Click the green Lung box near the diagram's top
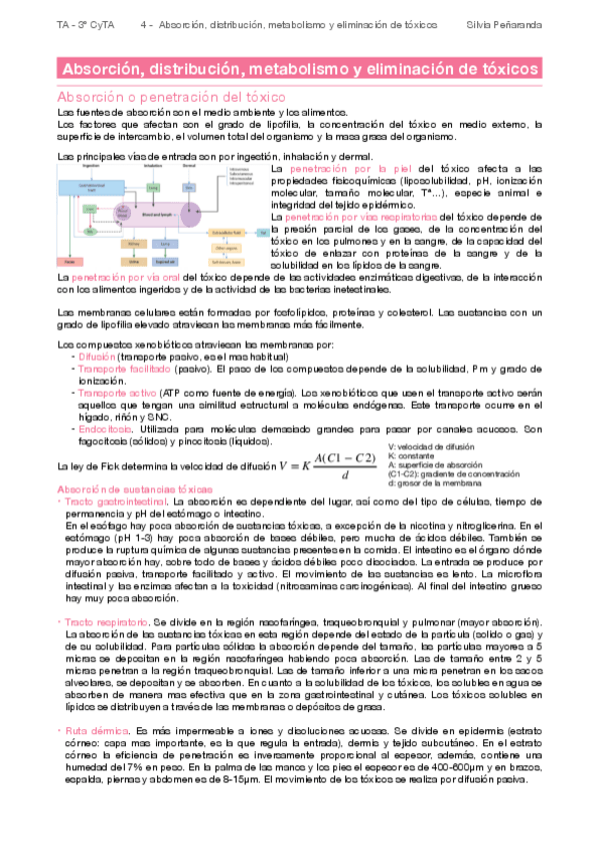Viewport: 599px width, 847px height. click(x=153, y=186)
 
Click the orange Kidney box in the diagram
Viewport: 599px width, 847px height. click(x=134, y=244)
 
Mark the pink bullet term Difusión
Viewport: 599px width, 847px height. click(x=96, y=357)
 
